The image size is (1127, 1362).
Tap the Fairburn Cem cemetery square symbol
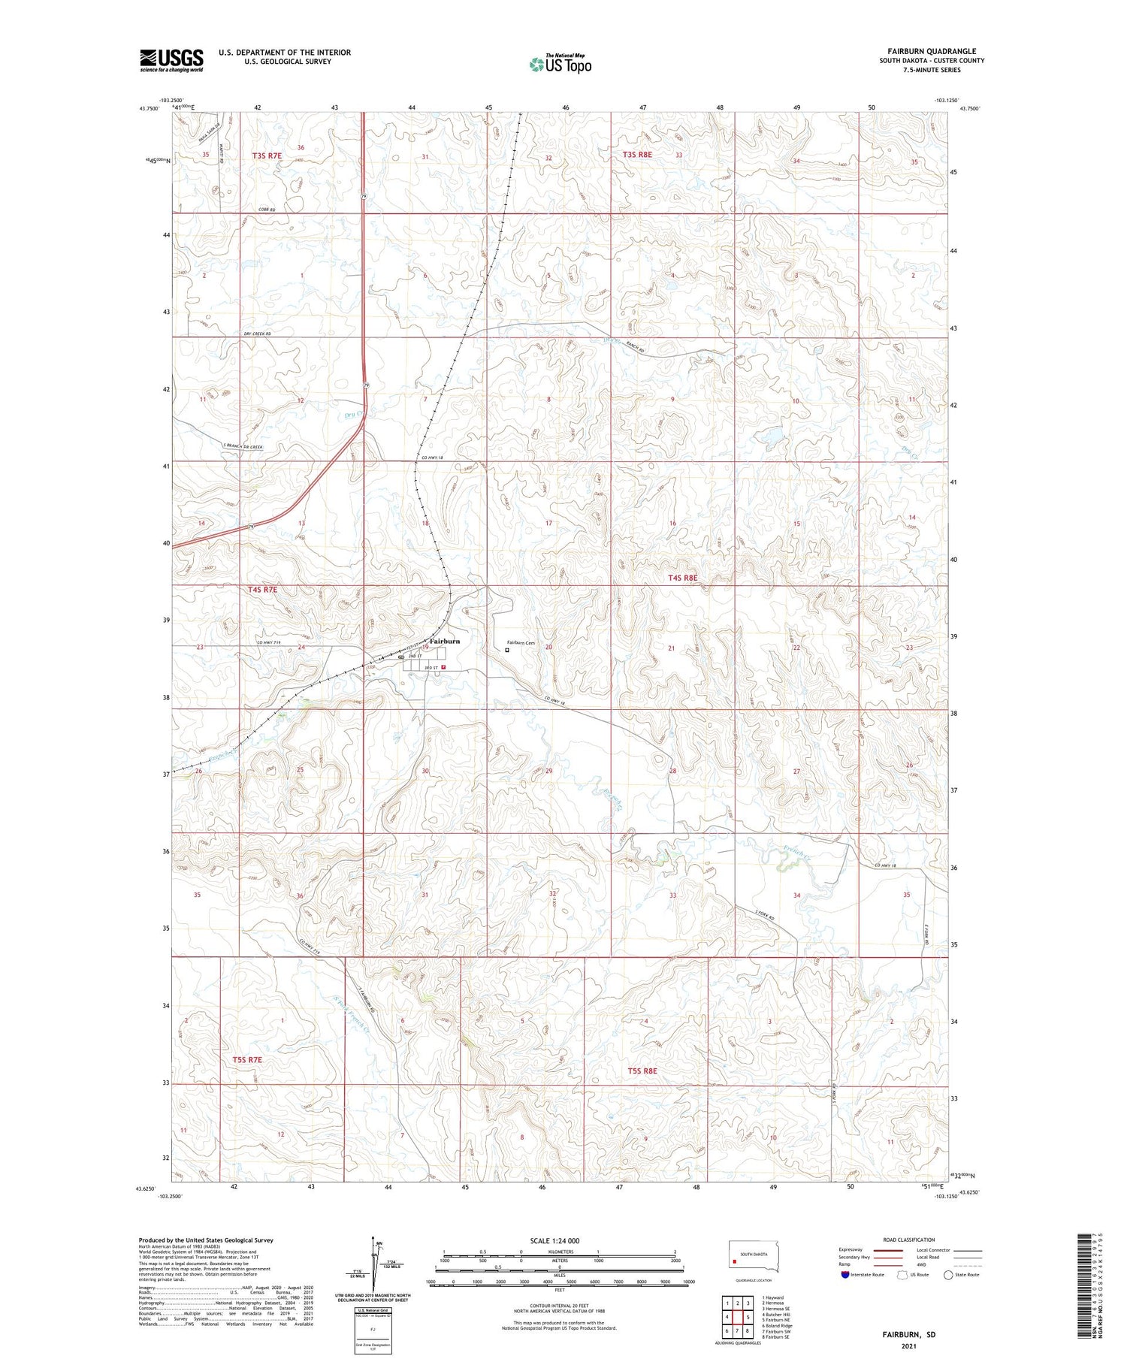click(506, 651)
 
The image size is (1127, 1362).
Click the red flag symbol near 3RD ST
click(444, 666)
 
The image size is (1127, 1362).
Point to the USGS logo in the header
click(171, 59)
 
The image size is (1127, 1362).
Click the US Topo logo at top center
click(560, 64)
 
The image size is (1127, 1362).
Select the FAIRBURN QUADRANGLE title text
click(932, 51)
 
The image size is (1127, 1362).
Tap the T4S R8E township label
click(683, 578)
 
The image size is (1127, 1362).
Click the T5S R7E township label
click(247, 1059)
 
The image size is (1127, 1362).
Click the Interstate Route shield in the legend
click(844, 1275)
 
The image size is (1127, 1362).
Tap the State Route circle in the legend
click(948, 1275)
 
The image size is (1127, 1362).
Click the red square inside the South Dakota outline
click(734, 1261)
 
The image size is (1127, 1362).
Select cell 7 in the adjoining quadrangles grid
click(727, 1330)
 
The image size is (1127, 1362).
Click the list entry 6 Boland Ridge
click(776, 1326)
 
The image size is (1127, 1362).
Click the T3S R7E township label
click(267, 156)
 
